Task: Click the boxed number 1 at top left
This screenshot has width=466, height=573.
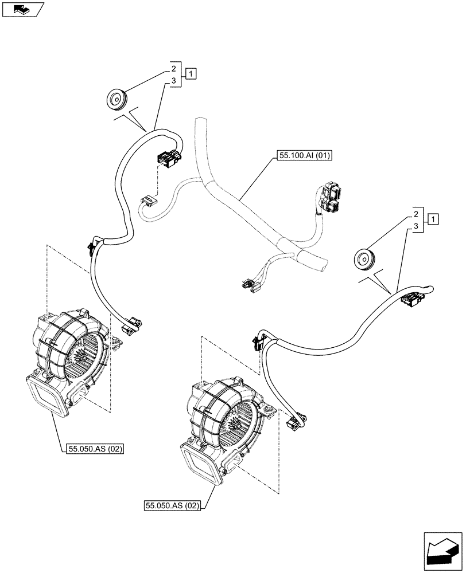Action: tap(191, 73)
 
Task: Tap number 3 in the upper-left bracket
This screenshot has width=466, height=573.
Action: tap(173, 82)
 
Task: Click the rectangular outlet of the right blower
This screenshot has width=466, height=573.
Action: tap(200, 462)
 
